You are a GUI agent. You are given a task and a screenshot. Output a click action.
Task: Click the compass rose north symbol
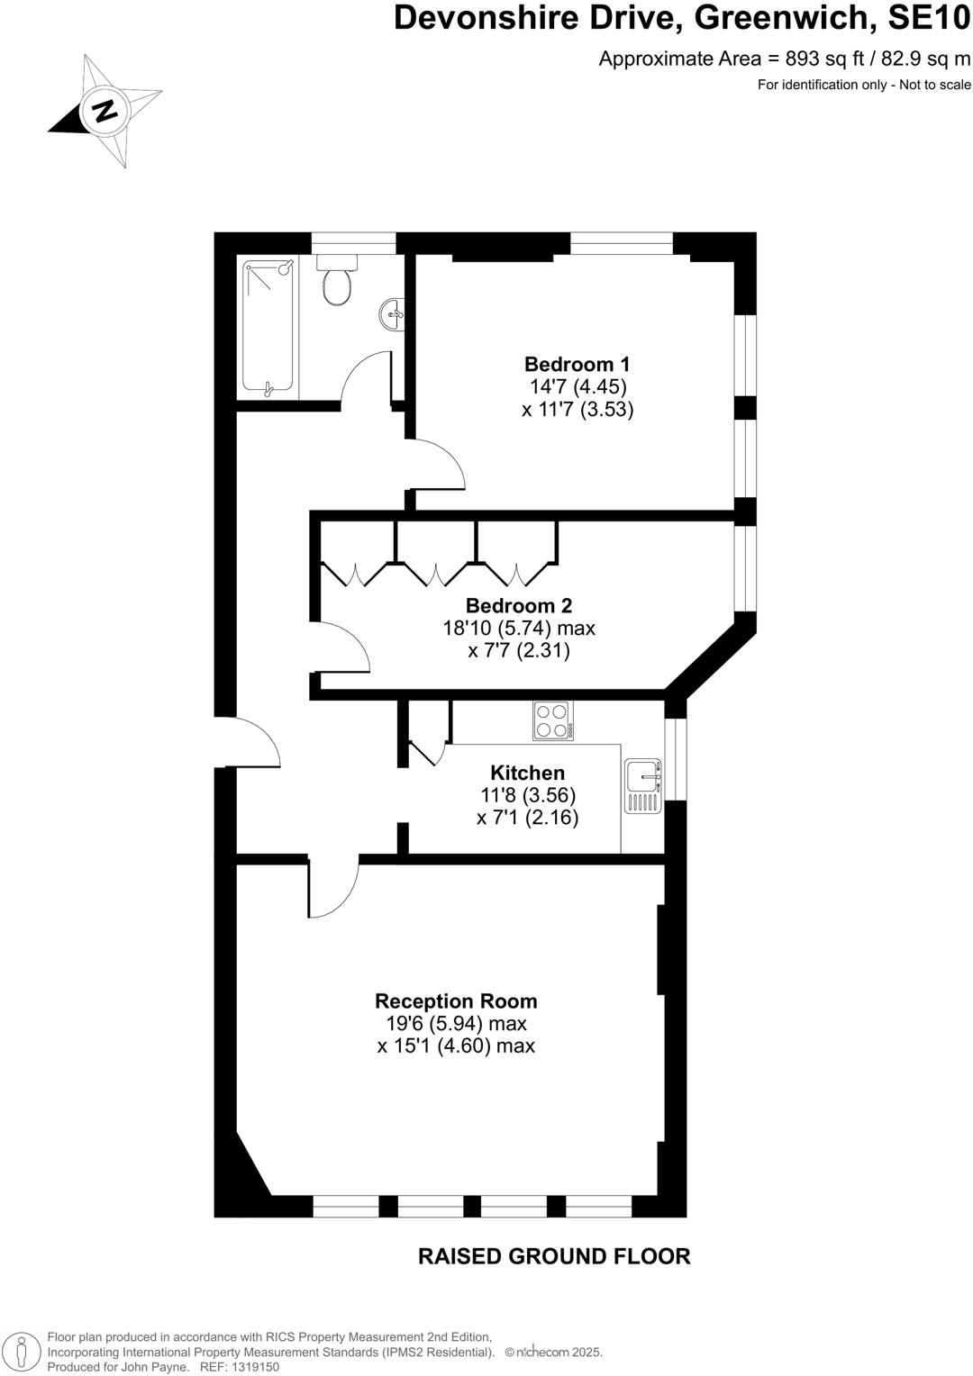point(105,111)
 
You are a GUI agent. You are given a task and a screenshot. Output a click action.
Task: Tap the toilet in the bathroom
point(337,281)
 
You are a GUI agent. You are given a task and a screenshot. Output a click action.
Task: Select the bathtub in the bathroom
point(268,328)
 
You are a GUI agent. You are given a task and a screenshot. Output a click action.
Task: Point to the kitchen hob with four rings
point(552,720)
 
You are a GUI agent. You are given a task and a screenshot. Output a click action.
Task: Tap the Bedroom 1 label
point(577,364)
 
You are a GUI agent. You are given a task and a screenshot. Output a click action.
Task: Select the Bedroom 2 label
point(518,605)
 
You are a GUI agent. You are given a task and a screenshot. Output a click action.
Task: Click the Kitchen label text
point(527,773)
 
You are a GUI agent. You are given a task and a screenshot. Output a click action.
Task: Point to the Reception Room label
point(456,1000)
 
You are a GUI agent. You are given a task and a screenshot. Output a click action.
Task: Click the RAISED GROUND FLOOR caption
point(554,1256)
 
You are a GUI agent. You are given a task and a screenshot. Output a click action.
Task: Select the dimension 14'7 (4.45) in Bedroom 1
point(577,387)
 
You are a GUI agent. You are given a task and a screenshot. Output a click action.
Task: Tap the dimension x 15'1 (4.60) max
point(456,1046)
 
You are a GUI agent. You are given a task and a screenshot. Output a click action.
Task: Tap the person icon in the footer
point(22,1351)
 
